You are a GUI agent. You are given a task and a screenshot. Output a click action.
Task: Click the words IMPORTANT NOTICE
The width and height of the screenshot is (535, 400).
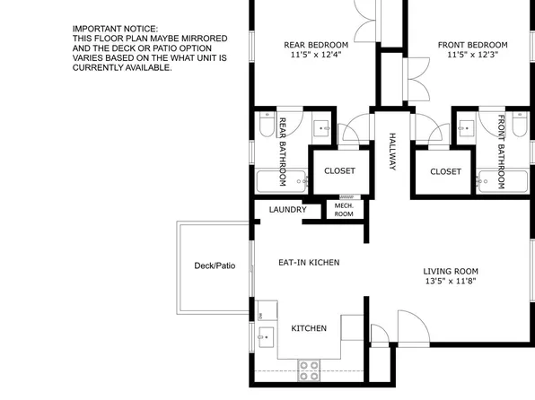(x=115, y=30)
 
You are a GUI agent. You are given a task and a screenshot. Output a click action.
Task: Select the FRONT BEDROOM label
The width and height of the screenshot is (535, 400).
(x=472, y=45)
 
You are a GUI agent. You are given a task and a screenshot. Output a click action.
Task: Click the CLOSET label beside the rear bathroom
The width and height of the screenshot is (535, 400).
(x=339, y=170)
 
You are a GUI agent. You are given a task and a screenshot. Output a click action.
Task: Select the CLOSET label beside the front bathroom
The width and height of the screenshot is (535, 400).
(x=445, y=171)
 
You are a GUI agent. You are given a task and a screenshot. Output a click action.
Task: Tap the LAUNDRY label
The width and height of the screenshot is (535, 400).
(x=288, y=211)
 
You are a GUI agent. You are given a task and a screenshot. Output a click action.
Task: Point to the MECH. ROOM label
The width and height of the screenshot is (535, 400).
(x=344, y=211)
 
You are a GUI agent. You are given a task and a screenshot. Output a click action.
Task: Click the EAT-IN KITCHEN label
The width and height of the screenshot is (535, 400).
(x=308, y=262)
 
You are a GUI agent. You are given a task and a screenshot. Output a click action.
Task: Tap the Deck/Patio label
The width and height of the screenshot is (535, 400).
(x=215, y=265)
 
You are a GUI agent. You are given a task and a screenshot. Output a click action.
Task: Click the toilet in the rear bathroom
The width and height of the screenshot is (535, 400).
(x=260, y=129)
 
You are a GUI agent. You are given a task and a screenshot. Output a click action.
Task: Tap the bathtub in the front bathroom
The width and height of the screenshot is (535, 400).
(x=504, y=181)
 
